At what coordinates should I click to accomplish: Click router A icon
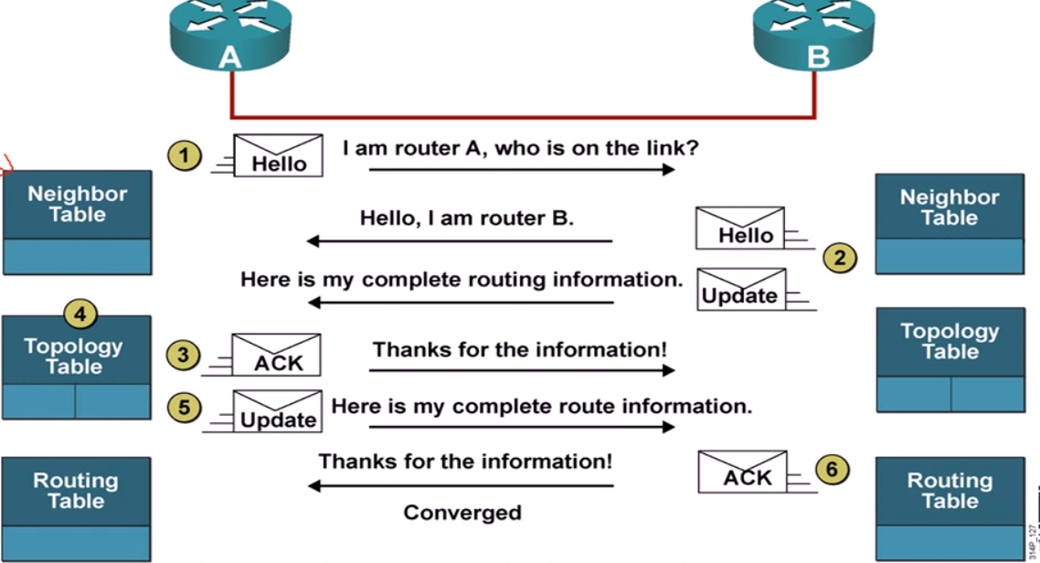230,35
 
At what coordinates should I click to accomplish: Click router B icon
814,35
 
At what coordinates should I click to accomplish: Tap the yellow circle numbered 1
185,156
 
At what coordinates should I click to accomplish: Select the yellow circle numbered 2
840,258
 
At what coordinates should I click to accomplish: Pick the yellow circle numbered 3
183,355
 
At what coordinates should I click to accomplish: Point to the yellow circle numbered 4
80,313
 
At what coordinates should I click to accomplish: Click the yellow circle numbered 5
185,407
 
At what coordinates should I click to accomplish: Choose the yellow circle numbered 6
832,470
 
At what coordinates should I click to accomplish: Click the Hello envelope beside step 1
278,156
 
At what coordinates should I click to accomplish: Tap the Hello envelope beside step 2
739,228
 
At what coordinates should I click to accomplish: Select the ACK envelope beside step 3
276,355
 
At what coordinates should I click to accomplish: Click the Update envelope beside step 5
277,411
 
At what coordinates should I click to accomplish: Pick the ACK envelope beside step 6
743,472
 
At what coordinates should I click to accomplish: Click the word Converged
462,513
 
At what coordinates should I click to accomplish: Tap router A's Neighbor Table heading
78,204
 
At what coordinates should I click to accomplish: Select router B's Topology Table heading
950,342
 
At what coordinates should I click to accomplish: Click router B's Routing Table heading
950,491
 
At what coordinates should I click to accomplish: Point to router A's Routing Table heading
76,491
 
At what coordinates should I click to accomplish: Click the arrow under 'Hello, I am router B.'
460,241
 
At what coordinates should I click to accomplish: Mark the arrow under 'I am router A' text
522,170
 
